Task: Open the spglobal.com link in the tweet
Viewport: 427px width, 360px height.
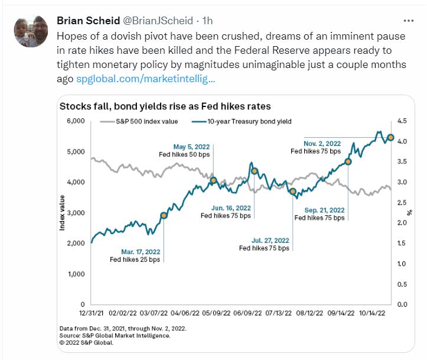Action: (x=146, y=78)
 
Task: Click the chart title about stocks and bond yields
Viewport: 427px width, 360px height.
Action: (x=164, y=106)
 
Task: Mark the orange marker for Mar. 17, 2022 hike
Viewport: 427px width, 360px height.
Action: (x=164, y=215)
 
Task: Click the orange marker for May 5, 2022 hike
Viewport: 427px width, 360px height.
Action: (x=214, y=180)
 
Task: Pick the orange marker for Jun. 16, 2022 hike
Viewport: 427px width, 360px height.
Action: (x=255, y=171)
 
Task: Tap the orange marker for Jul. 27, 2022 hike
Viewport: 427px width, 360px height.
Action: (x=292, y=192)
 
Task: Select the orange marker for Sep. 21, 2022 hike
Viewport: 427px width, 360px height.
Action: (x=348, y=161)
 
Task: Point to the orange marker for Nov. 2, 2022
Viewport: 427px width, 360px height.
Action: (x=390, y=138)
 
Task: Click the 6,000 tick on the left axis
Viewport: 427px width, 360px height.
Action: (x=77, y=121)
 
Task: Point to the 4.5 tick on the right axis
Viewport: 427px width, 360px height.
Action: (x=401, y=121)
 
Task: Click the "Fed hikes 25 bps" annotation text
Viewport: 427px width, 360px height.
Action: (x=134, y=260)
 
